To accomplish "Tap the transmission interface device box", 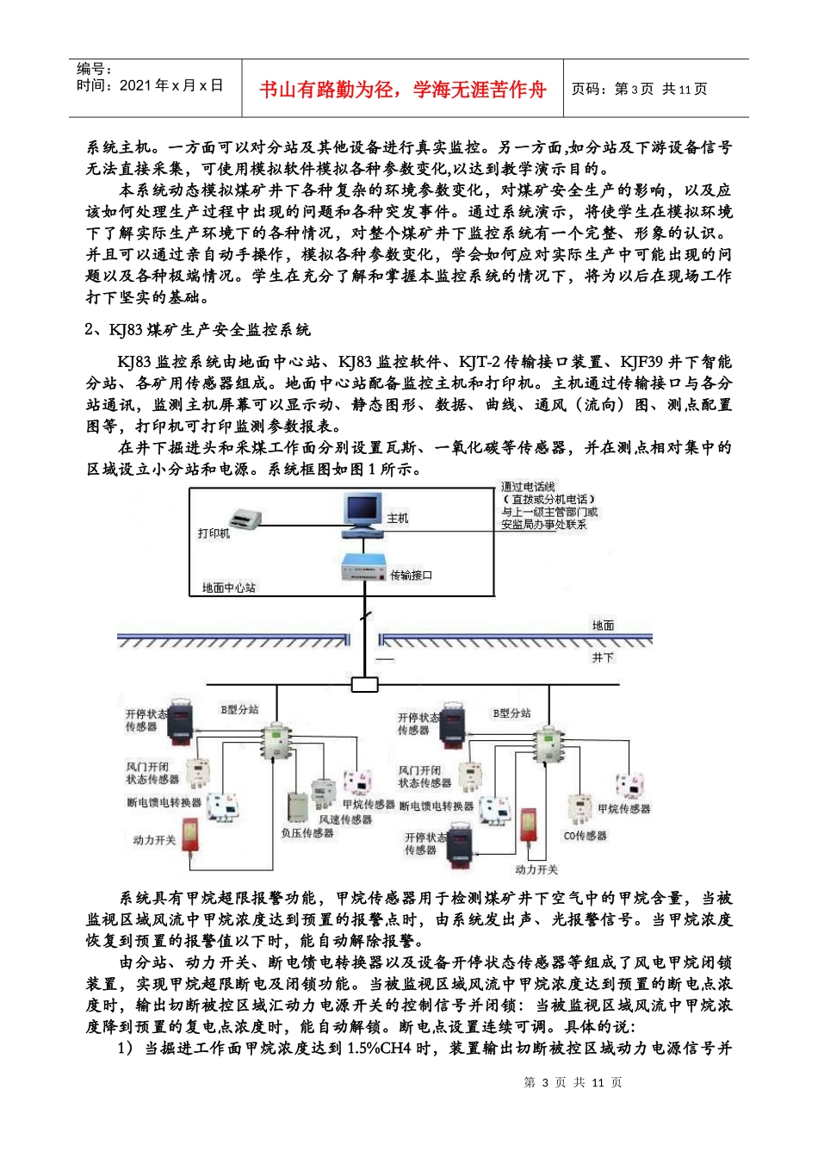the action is coord(364,569).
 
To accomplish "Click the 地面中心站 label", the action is coord(229,588).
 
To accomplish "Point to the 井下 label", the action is coord(603,657).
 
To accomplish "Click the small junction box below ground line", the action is coord(364,685).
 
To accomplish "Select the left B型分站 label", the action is coord(239,710).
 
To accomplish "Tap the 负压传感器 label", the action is coord(307,833).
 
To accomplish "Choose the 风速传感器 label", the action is coord(345,819).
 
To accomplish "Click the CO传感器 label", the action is coord(586,836).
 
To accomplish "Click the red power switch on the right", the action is coord(529,831).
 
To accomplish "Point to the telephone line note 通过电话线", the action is coord(529,487).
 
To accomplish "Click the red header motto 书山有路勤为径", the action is coord(403,90).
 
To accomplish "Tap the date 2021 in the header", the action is coord(137,85).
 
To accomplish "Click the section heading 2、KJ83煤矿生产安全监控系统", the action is coord(198,330).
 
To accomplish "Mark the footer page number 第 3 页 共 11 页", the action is coord(573,1082).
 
